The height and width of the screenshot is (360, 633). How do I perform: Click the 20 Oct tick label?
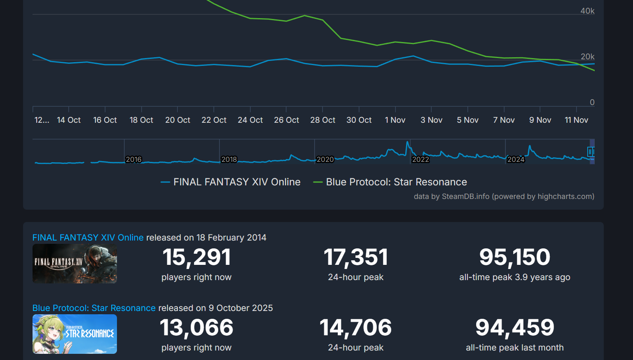(x=178, y=120)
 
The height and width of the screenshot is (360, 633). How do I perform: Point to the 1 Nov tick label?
(x=395, y=120)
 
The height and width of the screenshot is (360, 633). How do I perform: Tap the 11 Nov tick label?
(x=576, y=120)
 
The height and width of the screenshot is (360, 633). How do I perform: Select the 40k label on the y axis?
(x=587, y=11)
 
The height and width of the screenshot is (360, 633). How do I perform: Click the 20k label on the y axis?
(x=587, y=56)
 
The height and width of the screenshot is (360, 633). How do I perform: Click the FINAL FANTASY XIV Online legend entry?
(x=236, y=182)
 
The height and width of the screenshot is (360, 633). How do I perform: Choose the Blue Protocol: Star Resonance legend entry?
(x=396, y=182)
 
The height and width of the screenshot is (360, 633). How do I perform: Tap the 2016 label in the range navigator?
(x=133, y=159)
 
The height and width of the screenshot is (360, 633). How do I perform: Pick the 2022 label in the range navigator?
(x=420, y=159)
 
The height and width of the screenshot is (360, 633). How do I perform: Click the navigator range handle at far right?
(x=591, y=152)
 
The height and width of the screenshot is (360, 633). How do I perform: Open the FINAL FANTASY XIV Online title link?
(x=88, y=238)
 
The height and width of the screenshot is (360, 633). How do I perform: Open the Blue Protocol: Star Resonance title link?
(x=94, y=308)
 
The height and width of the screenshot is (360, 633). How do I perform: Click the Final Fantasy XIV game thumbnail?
(x=75, y=264)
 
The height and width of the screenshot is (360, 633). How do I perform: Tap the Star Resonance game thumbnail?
(x=75, y=334)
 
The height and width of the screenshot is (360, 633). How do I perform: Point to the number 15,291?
(x=196, y=257)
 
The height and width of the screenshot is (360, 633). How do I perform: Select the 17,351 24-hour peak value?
(x=356, y=257)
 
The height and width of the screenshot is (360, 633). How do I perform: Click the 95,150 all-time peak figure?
(x=514, y=257)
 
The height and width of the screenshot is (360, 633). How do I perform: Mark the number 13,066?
(x=196, y=327)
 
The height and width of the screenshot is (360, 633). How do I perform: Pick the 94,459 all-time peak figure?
(x=514, y=327)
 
